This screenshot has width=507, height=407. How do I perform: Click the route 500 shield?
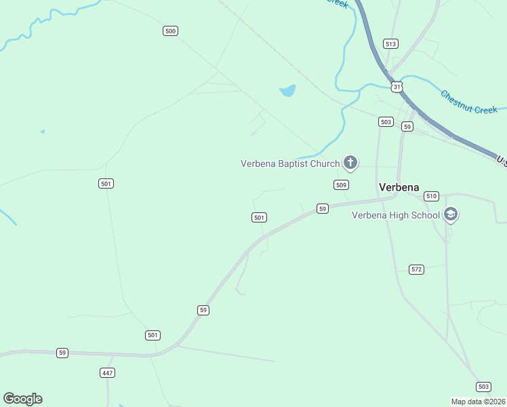click(171, 31)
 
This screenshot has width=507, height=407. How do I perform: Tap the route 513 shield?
click(390, 43)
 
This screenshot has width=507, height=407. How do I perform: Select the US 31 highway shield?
click(397, 86)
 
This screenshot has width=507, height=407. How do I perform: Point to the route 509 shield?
click(342, 185)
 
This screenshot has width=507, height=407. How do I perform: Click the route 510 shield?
click(431, 196)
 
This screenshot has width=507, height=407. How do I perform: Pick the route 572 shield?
click(417, 269)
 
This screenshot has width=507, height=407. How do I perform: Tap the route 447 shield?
click(107, 372)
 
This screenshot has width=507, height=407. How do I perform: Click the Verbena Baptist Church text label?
click(290, 163)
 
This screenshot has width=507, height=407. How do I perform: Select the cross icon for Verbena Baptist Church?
click(350, 162)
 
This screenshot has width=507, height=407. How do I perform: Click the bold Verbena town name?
click(399, 187)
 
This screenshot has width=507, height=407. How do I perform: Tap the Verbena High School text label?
click(395, 216)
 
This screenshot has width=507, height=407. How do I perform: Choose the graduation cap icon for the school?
click(451, 215)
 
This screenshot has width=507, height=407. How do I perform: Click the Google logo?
click(22, 399)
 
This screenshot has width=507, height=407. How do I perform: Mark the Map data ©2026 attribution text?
click(479, 401)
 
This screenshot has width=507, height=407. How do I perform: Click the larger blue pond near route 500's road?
click(287, 90)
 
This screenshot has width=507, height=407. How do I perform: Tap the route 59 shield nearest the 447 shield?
click(62, 353)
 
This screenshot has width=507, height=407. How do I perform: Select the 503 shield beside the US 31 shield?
click(386, 121)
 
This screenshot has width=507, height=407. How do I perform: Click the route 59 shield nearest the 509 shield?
click(323, 208)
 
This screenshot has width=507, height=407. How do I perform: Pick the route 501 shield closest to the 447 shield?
click(153, 335)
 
